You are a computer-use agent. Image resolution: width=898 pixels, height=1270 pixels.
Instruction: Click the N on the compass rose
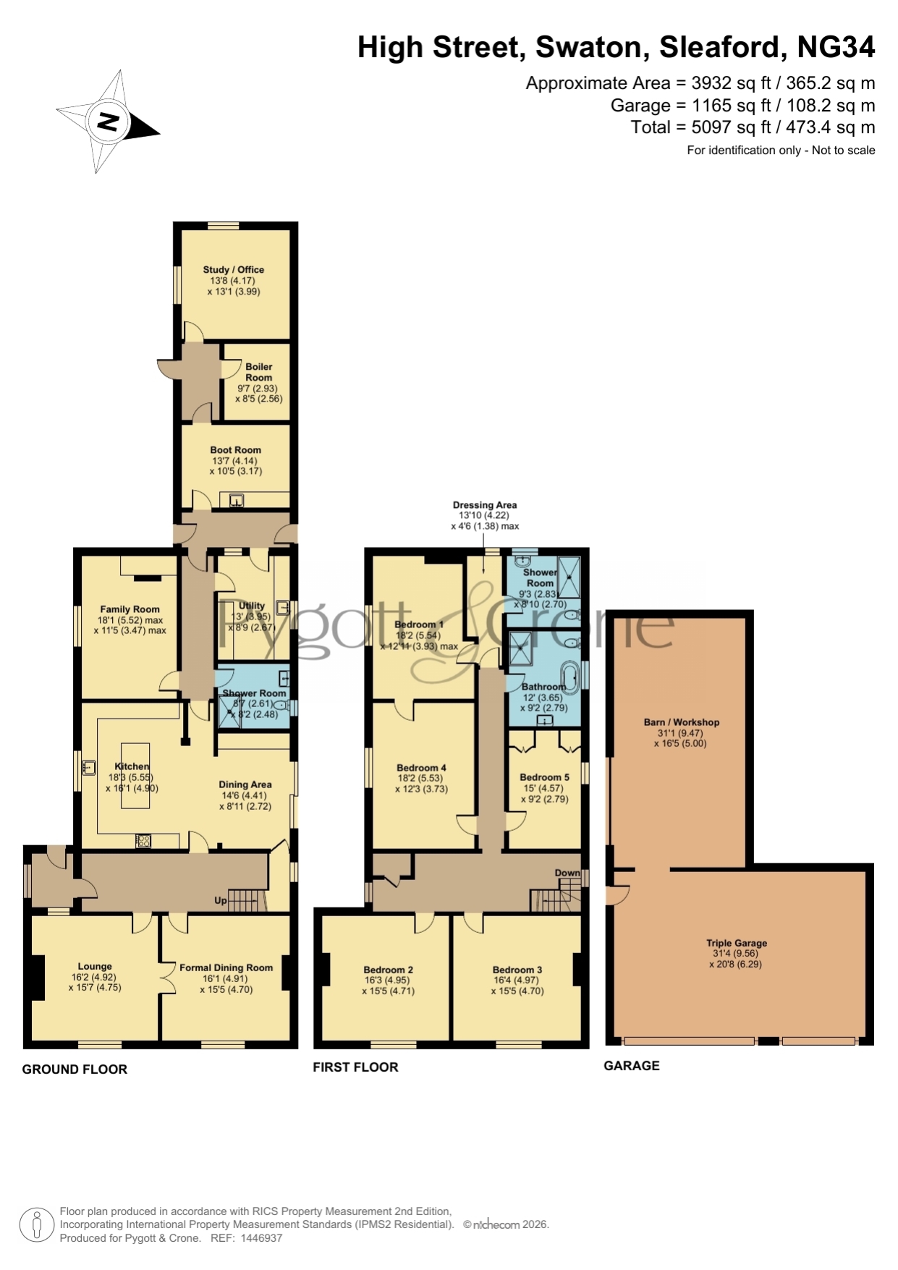point(108,121)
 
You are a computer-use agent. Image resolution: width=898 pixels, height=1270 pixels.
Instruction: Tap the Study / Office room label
point(233,269)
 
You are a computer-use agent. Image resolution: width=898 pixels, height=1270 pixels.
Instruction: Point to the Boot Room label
point(235,449)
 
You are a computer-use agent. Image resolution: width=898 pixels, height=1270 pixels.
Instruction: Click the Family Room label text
point(130,609)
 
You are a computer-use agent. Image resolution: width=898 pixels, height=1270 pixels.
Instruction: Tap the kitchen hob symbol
point(143,841)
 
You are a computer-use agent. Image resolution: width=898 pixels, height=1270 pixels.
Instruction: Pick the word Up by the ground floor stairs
point(221,901)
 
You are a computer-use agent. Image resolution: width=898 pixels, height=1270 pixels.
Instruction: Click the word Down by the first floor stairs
point(567,873)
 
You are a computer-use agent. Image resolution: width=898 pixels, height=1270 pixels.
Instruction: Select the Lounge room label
point(95,966)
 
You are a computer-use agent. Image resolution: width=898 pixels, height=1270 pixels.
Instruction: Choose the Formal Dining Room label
point(226,968)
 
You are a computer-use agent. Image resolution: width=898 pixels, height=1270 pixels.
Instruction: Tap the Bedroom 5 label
point(544,777)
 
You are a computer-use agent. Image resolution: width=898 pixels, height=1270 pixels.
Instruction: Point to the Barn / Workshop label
point(682,722)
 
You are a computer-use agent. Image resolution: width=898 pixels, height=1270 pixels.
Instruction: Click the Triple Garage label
point(737,943)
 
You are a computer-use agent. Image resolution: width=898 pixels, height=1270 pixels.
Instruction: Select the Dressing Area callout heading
point(485,505)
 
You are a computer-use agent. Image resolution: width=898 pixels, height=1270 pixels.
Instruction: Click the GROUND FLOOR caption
point(75,1070)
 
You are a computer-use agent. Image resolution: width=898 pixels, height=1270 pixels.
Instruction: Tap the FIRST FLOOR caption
point(355,1067)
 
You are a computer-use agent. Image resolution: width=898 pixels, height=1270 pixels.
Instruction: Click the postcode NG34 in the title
point(836,48)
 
